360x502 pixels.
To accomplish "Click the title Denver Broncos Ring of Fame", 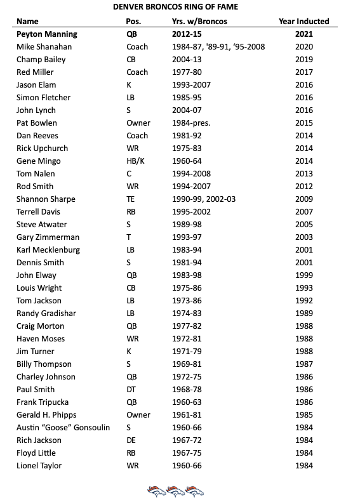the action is [x=179, y=6].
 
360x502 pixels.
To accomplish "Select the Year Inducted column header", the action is [x=303, y=21].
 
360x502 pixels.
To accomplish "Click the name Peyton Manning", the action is [x=47, y=34].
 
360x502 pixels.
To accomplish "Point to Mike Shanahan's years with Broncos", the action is [x=218, y=46].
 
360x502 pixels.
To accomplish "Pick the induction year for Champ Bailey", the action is [x=304, y=59].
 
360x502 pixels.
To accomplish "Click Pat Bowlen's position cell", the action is [x=137, y=122].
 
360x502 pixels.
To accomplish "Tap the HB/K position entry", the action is [x=136, y=161].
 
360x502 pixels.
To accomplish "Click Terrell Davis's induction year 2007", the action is [x=304, y=211].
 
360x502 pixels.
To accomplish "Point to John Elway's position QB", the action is [x=132, y=275].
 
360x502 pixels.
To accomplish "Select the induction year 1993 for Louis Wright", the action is [x=304, y=287].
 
